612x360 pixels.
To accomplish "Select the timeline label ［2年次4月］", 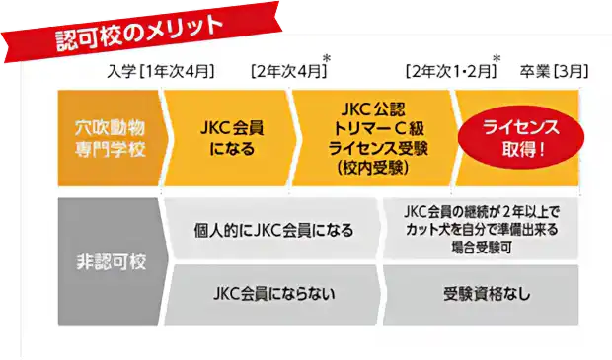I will (286, 72).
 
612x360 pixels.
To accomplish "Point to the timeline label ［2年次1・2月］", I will (447, 72).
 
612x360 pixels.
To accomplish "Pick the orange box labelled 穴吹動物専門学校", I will (107, 138).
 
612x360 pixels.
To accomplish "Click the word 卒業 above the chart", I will (534, 72).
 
